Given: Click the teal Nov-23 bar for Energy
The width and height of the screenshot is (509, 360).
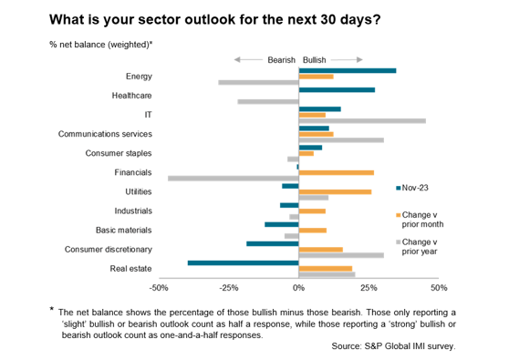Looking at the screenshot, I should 348,70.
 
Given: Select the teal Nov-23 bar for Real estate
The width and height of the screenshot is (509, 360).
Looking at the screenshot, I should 244,262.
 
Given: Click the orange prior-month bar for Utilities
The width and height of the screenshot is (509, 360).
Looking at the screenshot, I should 335,191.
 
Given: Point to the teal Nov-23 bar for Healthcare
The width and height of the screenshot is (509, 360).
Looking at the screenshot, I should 337,89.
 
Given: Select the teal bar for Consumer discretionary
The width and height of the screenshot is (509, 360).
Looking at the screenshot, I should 273,243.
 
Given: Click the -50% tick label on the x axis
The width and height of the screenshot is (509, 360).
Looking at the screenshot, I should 159,288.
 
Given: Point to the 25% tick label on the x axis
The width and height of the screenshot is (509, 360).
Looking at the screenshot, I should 369,288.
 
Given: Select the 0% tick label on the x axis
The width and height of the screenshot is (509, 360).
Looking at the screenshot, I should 299,288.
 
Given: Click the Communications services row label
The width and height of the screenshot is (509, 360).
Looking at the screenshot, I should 105,134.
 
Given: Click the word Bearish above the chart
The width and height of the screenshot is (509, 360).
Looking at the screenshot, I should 281,57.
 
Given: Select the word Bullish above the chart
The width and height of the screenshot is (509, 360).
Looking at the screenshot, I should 316,57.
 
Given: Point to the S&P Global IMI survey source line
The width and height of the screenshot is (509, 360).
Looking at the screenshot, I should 393,346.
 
